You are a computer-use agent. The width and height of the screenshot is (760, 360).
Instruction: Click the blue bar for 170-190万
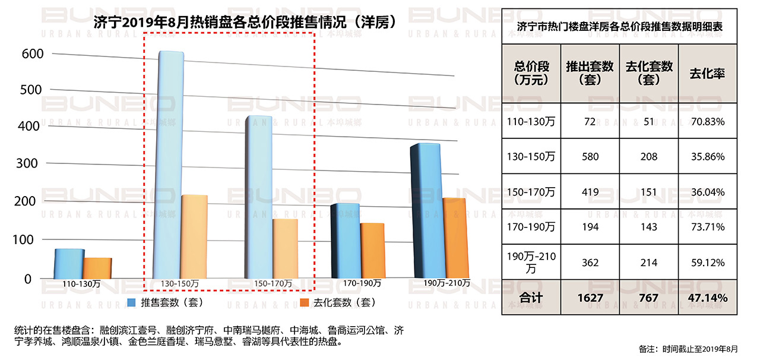(x=345, y=240)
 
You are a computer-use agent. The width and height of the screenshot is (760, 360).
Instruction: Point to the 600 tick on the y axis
(x=33, y=53)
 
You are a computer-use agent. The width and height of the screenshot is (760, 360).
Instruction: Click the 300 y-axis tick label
(x=33, y=163)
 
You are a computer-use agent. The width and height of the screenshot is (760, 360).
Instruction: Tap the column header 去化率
(x=707, y=74)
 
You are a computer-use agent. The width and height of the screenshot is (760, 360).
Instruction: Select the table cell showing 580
(x=590, y=157)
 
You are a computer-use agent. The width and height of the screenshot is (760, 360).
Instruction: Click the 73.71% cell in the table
(x=707, y=227)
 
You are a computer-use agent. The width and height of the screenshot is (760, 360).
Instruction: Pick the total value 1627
(x=590, y=298)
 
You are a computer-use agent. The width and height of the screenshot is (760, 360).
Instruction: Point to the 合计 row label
(x=531, y=298)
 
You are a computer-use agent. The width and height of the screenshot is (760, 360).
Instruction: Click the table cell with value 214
(x=649, y=263)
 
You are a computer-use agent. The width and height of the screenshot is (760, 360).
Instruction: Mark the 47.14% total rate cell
(x=707, y=298)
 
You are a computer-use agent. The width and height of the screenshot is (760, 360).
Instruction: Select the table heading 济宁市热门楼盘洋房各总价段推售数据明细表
(x=619, y=27)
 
